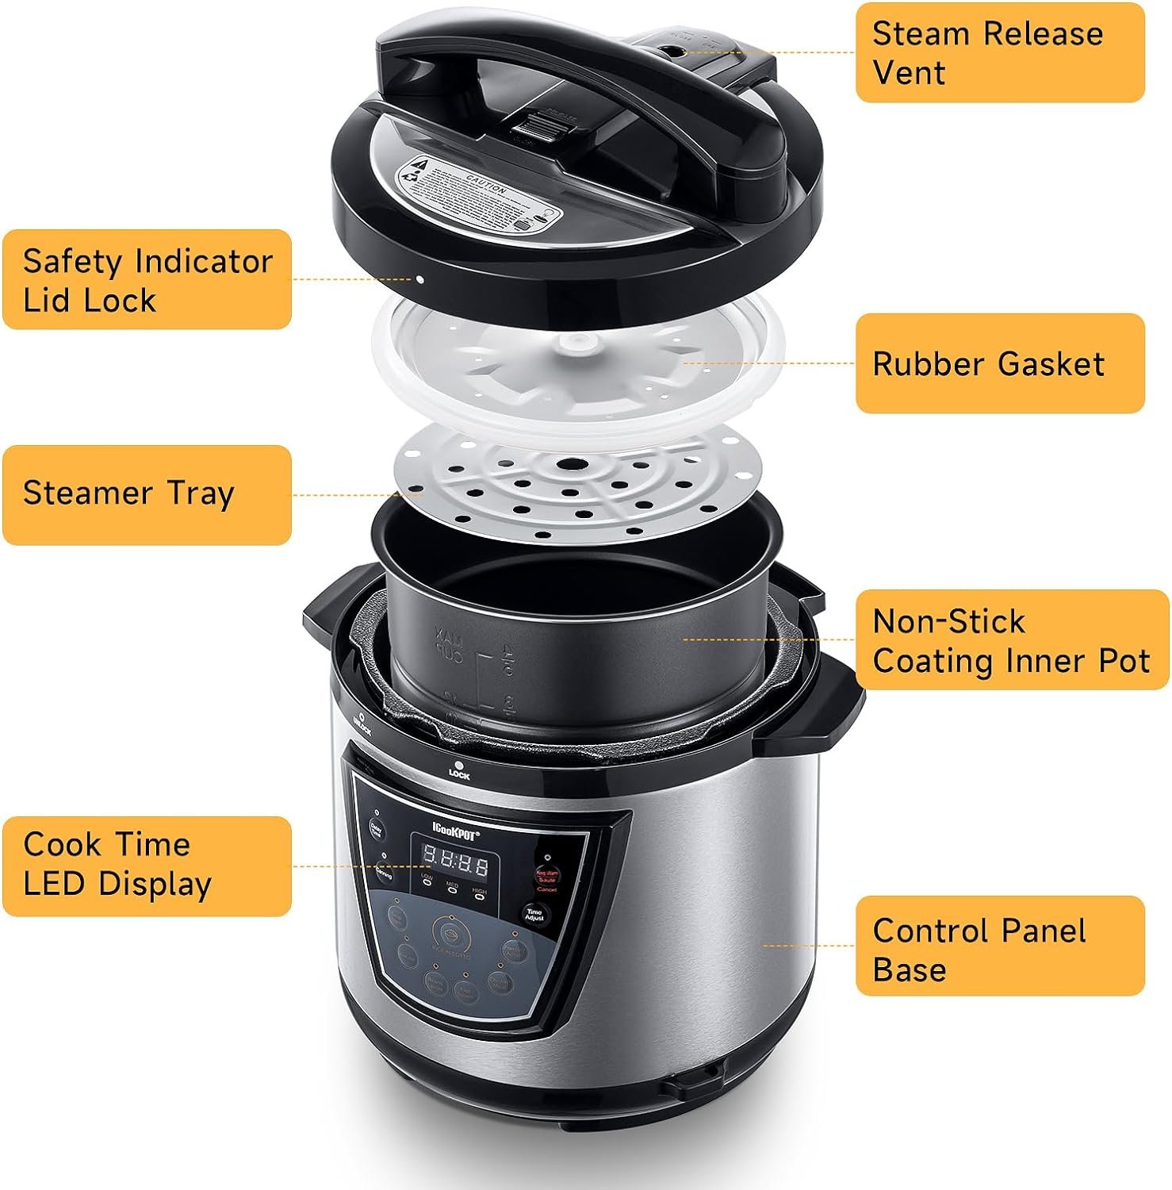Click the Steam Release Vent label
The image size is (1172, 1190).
point(999,52)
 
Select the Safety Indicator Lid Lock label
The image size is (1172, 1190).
point(147,280)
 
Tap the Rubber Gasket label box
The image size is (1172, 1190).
point(999,363)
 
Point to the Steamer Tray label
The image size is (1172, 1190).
point(147,494)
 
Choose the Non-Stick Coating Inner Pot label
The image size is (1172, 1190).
point(1011,640)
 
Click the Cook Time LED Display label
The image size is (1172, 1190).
point(147,866)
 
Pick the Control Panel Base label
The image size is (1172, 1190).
point(999,946)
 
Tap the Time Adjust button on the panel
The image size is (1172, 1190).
point(534,915)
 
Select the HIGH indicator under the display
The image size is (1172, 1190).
point(480,896)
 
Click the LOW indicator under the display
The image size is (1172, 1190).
point(427,881)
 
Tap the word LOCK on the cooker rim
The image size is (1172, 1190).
point(459,775)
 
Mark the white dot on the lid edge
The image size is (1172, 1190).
point(419,279)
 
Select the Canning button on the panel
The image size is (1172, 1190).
point(384,871)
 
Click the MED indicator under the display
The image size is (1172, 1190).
point(452,889)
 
